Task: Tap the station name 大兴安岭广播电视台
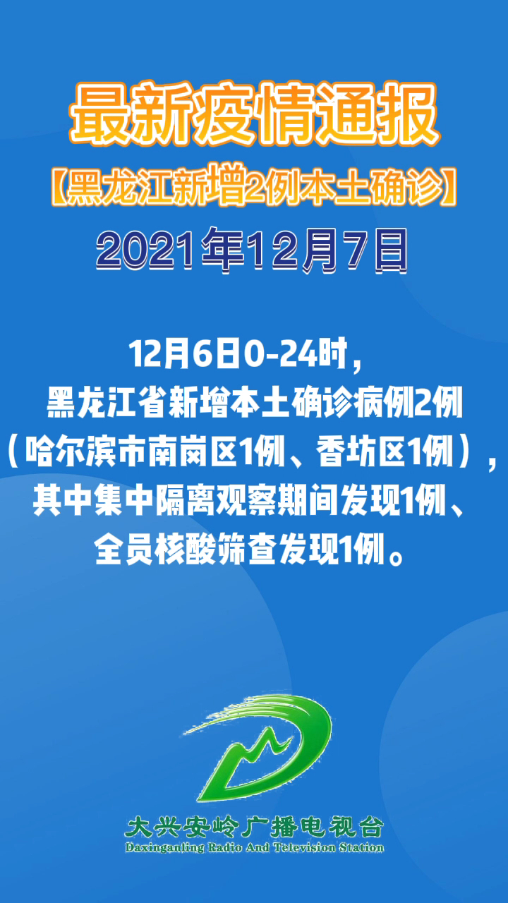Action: (x=254, y=826)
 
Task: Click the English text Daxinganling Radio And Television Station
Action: (x=254, y=847)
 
